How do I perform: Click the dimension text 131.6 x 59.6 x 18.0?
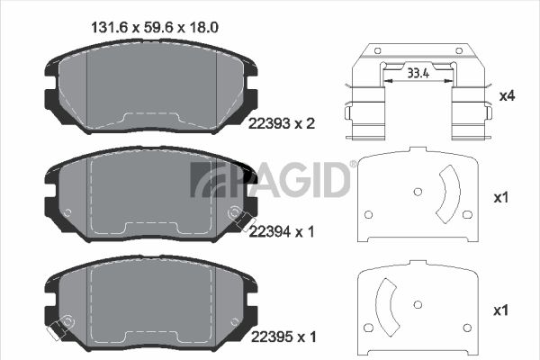click(155, 28)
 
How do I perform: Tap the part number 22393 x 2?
click(282, 123)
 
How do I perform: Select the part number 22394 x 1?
click(282, 232)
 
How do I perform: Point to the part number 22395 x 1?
click(283, 337)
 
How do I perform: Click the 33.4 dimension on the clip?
click(418, 74)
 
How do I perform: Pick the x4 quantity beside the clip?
click(507, 95)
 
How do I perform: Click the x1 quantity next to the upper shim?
click(501, 198)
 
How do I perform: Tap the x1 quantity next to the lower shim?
click(501, 310)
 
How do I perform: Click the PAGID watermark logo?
click(271, 179)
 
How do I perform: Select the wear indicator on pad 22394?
click(245, 220)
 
